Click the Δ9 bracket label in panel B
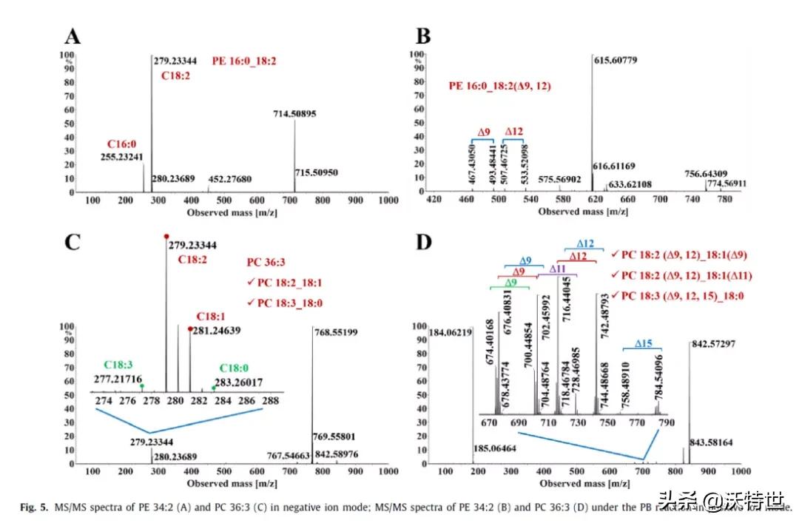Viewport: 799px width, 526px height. (483, 132)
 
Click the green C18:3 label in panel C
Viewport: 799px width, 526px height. (118, 365)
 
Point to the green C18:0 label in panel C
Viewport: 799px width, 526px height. (238, 368)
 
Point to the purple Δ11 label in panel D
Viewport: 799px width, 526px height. (558, 269)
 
